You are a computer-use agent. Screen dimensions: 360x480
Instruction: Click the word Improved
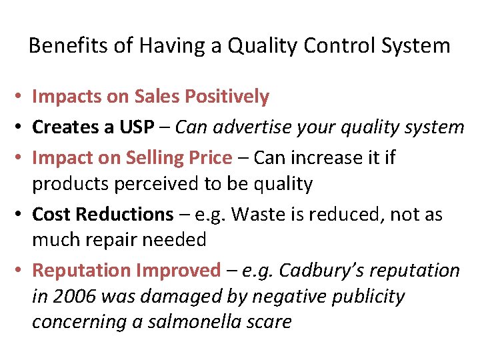(x=178, y=270)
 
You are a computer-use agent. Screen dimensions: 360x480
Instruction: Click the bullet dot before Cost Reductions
(x=20, y=215)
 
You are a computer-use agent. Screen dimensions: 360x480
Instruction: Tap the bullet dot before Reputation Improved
(x=20, y=270)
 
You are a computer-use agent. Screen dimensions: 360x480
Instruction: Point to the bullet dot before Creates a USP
(x=20, y=127)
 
